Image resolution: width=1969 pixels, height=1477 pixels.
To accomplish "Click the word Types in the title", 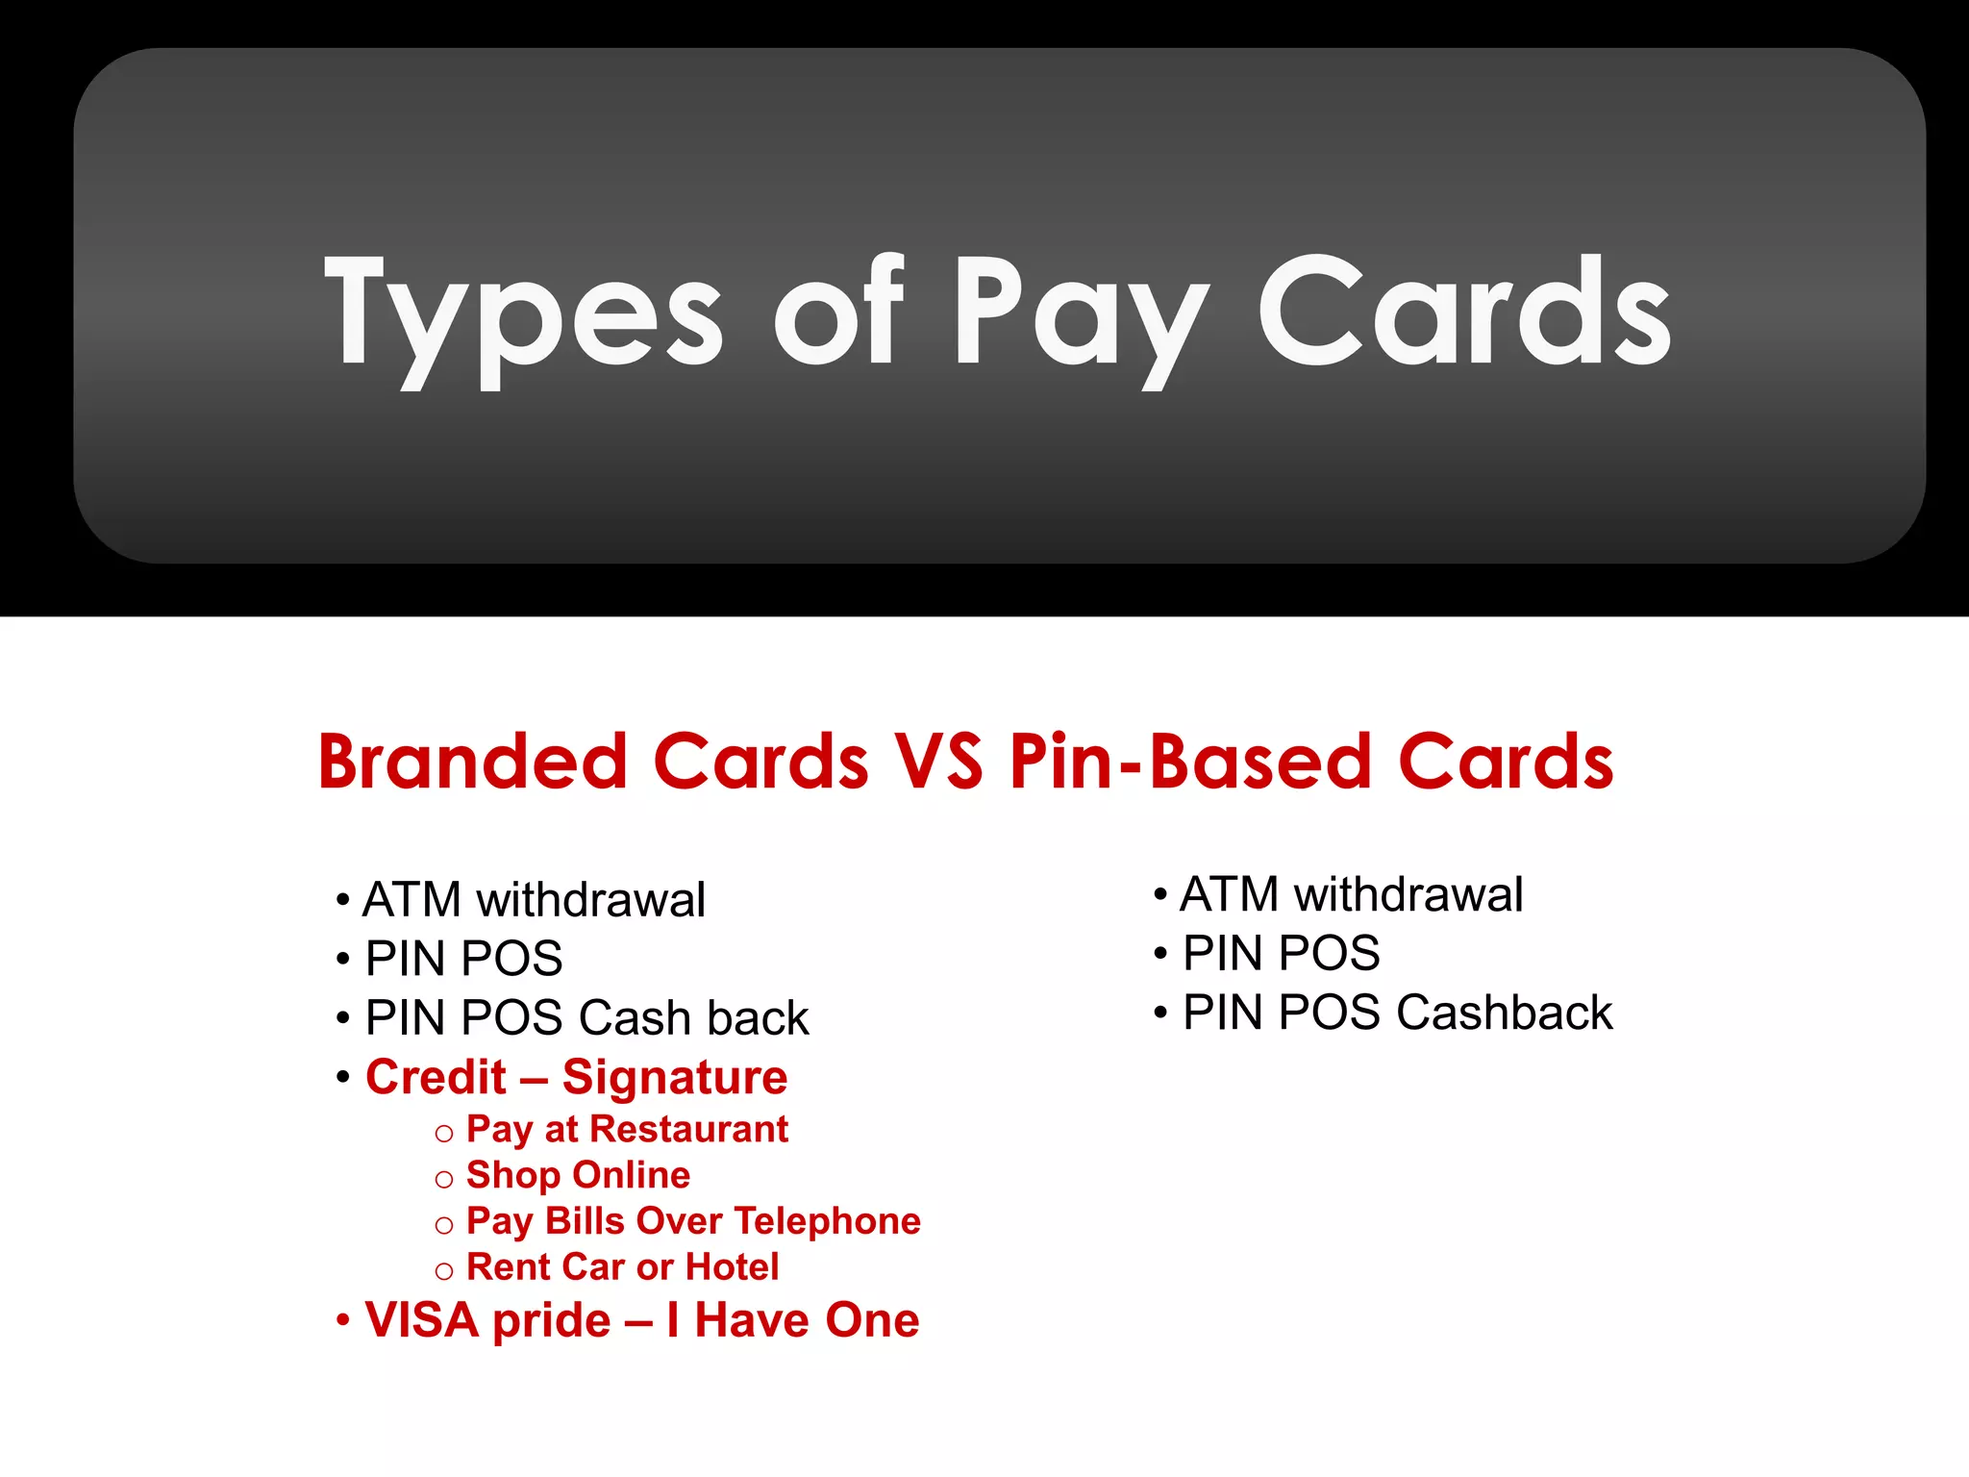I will tap(524, 313).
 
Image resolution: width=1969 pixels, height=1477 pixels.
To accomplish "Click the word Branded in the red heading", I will tap(472, 762).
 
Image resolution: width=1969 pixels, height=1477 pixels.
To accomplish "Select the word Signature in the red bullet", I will tap(674, 1077).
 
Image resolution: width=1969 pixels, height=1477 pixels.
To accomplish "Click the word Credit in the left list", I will tap(436, 1077).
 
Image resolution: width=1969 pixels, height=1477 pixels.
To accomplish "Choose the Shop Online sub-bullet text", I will tap(578, 1175).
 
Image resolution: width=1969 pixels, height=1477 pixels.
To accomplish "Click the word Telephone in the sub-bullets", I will tap(827, 1221).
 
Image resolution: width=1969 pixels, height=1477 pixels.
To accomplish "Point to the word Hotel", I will tap(732, 1267).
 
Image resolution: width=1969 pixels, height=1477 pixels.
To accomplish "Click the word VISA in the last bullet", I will tap(421, 1320).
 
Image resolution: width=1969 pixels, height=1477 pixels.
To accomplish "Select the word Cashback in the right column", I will tap(1504, 1013).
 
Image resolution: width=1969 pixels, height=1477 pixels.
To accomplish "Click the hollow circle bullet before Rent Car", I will tap(443, 1271).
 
